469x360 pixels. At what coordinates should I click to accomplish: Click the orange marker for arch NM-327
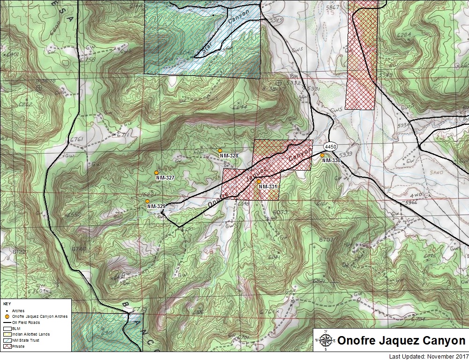(156, 172)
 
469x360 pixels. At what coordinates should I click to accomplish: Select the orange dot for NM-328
(220, 150)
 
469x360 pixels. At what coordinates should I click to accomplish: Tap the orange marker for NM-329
(148, 201)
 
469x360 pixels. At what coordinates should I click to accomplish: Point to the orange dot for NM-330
(322, 155)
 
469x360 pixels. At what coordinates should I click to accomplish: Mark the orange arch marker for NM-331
(259, 181)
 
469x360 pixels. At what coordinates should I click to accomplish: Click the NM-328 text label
(229, 156)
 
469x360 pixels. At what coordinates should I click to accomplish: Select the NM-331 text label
(268, 187)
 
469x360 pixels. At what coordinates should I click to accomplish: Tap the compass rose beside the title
(326, 340)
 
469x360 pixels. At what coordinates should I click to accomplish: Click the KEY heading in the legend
(7, 304)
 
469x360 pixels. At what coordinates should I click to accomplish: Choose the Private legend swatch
(7, 346)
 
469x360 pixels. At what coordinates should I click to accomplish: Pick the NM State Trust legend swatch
(7, 340)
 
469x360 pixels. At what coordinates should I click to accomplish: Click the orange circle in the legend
(7, 316)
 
